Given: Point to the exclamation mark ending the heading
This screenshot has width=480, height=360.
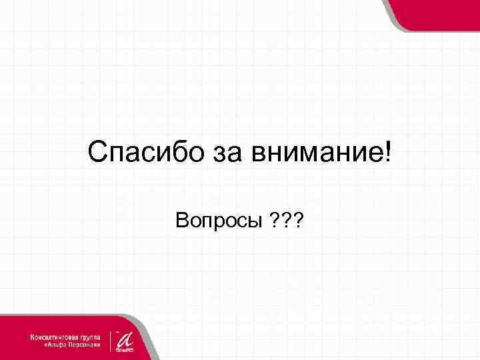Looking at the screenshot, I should click(389, 153).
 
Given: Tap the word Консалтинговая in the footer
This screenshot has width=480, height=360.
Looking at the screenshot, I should click(55, 337).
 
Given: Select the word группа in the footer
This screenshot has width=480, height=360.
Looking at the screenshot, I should click(90, 337).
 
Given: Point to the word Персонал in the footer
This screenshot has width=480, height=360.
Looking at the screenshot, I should click(84, 347).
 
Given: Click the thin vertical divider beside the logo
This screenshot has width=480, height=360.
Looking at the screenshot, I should click(111, 339).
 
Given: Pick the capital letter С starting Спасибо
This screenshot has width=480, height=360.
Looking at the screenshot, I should click(96, 154).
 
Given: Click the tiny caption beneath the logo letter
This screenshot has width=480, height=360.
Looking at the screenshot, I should click(125, 349).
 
